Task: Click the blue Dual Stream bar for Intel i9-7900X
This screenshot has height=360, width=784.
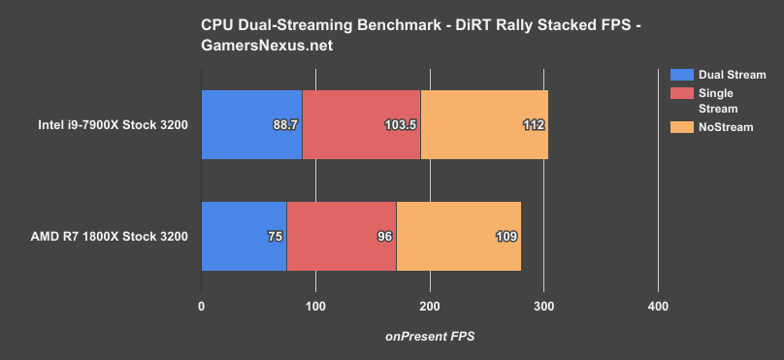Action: (250, 124)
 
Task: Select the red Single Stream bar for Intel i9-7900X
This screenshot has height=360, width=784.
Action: (361, 124)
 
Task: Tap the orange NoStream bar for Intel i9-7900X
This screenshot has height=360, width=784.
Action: (483, 124)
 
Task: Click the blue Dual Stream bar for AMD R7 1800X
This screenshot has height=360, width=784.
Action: (243, 236)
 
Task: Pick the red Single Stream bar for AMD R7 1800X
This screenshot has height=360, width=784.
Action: (342, 236)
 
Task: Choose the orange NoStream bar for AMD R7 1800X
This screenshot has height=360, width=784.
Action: (459, 236)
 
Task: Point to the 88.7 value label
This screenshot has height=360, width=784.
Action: (285, 125)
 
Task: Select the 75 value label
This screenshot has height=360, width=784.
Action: (276, 236)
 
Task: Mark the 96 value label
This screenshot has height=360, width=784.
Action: (383, 236)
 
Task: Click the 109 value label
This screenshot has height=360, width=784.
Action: (506, 236)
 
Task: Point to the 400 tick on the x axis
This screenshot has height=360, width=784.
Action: (658, 308)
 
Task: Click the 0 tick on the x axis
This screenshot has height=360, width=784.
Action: (201, 308)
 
